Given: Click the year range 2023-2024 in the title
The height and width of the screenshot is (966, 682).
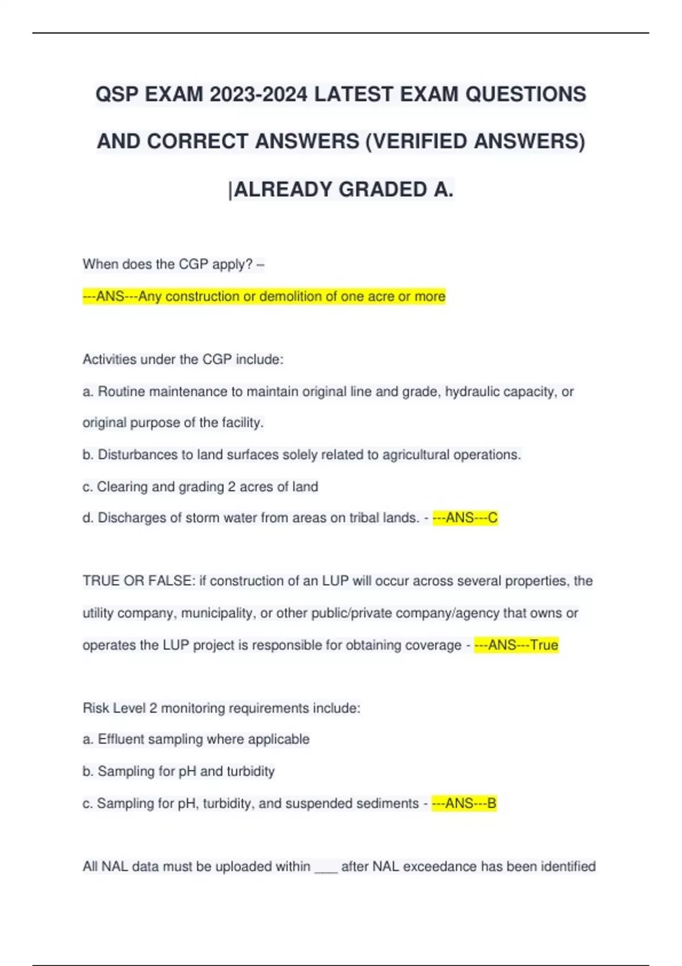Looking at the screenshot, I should tap(259, 94).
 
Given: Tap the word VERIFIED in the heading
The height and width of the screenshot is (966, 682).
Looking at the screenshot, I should tap(419, 141).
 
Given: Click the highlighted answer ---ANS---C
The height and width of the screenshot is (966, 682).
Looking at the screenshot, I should tap(465, 518).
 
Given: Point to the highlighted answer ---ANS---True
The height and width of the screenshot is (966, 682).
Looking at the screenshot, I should tap(516, 645).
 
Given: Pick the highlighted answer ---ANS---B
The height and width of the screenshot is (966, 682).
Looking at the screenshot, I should tap(464, 803).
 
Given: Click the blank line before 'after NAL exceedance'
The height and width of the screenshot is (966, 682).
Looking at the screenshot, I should tap(326, 867).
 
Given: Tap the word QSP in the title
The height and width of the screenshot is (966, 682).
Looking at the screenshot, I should tap(117, 94).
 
